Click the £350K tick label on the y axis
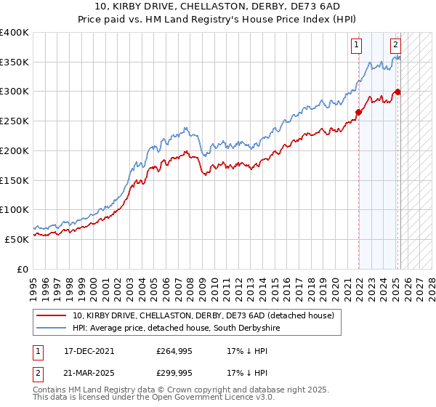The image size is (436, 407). (15, 63)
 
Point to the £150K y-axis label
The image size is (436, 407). (15, 180)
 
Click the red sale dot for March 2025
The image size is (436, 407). (397, 92)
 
